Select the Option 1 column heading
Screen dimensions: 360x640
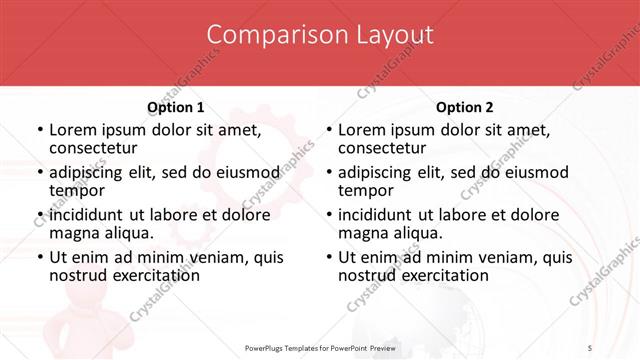175,107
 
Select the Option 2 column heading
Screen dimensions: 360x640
464,107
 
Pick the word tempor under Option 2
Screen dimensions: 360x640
365,190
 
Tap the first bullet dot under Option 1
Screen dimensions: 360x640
40,131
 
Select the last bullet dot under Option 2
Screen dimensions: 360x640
329,257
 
